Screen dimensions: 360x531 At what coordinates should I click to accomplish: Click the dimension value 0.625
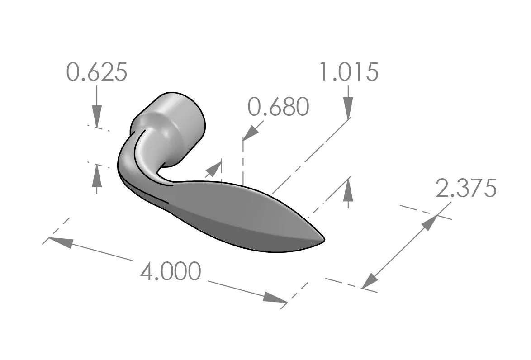pyautogui.click(x=97, y=72)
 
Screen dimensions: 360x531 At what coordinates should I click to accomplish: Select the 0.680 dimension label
pyautogui.click(x=279, y=107)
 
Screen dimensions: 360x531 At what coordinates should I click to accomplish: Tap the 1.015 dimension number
pyautogui.click(x=349, y=72)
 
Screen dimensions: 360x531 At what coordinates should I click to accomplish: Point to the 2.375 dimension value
pyautogui.click(x=466, y=188)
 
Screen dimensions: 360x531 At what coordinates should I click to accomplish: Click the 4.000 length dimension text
pyautogui.click(x=171, y=272)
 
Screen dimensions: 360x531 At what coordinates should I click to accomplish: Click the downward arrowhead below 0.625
pyautogui.click(x=97, y=116)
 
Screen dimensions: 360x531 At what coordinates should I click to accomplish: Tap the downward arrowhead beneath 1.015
pyautogui.click(x=348, y=108)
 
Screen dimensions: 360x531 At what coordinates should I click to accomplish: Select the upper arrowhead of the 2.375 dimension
pyautogui.click(x=429, y=223)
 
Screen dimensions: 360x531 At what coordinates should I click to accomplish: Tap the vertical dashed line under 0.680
pyautogui.click(x=243, y=163)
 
